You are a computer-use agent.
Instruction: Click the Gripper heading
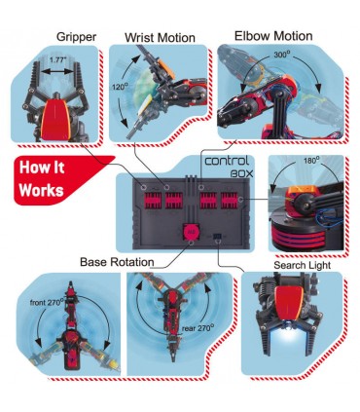point(76,37)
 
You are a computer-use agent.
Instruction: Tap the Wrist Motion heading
point(160,38)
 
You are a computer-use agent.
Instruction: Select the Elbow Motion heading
point(273,36)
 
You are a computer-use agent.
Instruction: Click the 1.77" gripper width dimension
point(57,59)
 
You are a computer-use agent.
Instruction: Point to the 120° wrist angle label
point(120,87)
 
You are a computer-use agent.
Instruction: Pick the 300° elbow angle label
point(282,55)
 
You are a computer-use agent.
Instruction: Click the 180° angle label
point(311,161)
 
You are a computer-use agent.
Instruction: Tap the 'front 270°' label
point(47,302)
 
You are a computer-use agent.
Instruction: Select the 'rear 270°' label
point(198,327)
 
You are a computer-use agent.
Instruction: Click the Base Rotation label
point(117,262)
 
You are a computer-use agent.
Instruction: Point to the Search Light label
point(303,265)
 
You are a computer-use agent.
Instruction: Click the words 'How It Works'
point(42,179)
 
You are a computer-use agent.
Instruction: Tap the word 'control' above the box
point(227,161)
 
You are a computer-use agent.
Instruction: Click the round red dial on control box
point(191,232)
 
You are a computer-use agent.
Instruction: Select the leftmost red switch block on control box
point(152,201)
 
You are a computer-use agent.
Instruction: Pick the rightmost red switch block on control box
point(230,201)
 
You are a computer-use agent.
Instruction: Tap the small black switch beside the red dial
point(217,236)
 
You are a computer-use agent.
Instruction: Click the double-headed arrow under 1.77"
point(57,72)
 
